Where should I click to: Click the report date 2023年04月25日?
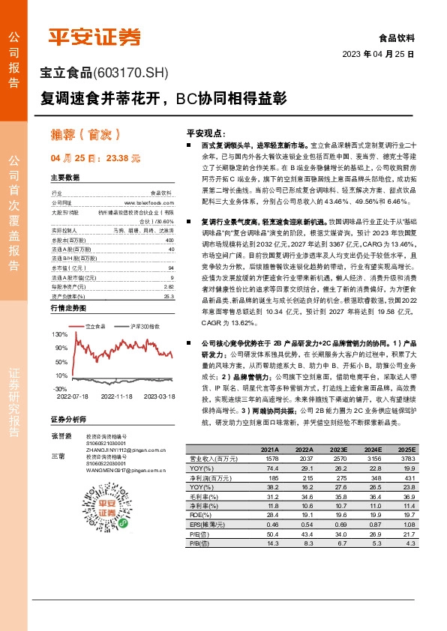[378, 54]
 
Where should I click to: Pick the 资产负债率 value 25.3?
[169, 275]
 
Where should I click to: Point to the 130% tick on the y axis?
[60, 332]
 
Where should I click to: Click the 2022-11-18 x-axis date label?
[116, 396]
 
